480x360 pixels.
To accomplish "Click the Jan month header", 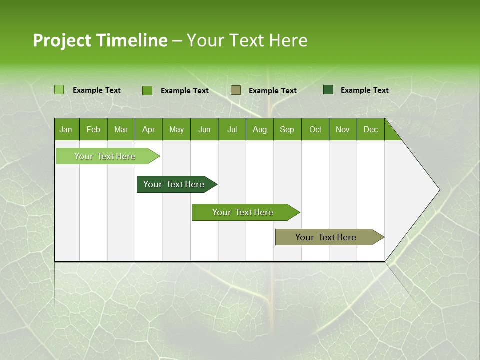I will (66, 129).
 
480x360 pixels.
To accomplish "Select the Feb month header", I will (93, 129).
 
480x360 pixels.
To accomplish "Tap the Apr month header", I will (148, 129).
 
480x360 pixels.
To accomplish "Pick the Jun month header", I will (204, 129).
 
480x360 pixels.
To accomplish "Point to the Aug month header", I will (259, 129).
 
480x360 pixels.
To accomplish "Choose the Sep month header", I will (287, 129).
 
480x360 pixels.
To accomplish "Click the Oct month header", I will (315, 129).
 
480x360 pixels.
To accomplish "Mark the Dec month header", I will (370, 129).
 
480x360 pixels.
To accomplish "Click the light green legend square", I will (59, 90).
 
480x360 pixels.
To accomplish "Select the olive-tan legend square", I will (236, 90).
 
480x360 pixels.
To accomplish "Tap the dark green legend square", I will (328, 90).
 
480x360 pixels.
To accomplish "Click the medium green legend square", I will (147, 90).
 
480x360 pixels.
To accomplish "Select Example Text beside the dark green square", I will (364, 90).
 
